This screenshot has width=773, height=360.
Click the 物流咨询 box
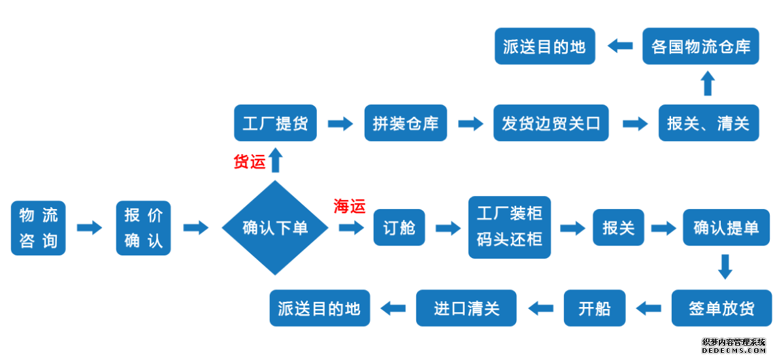pos(39,228)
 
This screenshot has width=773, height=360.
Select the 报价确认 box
pos(143,228)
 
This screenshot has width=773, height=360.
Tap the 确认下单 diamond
pos(275,228)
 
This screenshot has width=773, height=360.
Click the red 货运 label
pos(250,162)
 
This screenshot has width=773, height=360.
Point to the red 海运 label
pos(350,206)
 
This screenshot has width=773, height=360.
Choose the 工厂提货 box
pos(275,123)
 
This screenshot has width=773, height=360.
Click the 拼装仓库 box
pos(405,123)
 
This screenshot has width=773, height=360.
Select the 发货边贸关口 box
pos(551,123)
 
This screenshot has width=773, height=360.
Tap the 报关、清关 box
pos(708,123)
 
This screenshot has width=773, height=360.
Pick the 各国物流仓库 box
pos(700,46)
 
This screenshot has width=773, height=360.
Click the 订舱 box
pos(399,228)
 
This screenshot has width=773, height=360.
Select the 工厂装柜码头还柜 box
pos(510,228)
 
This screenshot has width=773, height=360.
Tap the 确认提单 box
pos(726,228)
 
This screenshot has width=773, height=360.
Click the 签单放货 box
pos(721,308)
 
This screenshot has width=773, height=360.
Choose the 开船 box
pos(595,308)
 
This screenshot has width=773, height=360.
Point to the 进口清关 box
pos(467,308)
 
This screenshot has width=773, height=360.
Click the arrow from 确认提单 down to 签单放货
pos(725,267)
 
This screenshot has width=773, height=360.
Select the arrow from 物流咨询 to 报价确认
pos(90,228)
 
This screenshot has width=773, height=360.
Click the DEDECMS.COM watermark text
pos(733,351)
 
